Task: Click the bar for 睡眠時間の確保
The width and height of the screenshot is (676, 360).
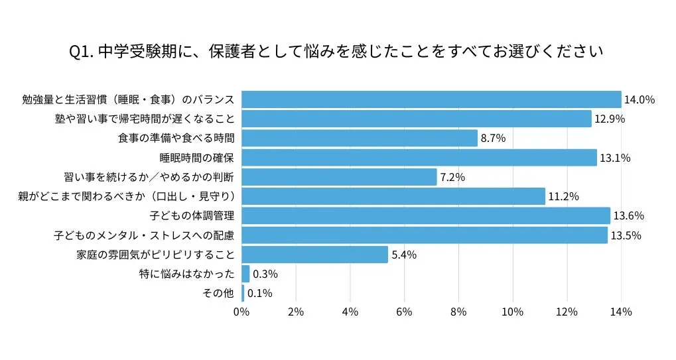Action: click(x=419, y=158)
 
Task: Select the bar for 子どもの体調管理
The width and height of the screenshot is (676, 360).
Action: click(x=425, y=215)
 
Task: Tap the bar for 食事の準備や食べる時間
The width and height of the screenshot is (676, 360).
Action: click(x=359, y=138)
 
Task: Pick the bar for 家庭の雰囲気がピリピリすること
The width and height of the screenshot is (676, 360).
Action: click(x=314, y=255)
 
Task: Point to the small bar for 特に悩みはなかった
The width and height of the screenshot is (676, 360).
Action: click(x=245, y=274)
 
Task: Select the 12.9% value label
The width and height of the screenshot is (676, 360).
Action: click(x=610, y=119)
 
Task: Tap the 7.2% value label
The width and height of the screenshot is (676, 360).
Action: click(x=452, y=177)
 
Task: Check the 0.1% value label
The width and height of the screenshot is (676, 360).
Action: click(x=260, y=293)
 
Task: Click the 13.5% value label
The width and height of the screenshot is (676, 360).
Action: click(x=626, y=235)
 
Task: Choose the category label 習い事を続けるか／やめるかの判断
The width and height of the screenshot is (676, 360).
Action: click(x=150, y=177)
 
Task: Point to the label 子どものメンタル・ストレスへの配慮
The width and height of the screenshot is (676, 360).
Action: click(x=144, y=235)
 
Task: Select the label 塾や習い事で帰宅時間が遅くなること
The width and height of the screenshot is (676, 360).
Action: click(x=145, y=119)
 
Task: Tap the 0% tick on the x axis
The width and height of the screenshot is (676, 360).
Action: click(x=242, y=312)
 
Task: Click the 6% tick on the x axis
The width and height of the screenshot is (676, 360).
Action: click(x=404, y=312)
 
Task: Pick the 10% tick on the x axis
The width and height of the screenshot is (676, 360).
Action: click(x=512, y=312)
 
